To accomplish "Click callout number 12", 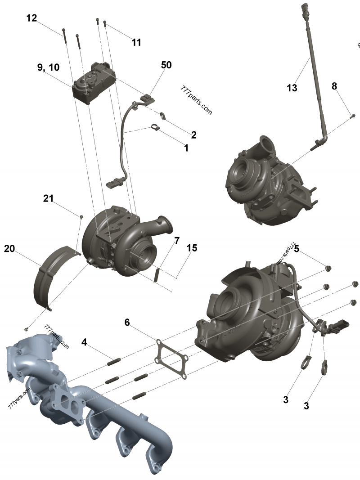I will pos(31,18).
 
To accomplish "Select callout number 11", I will pos(136,42).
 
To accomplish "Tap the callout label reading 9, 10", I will pos(48,67).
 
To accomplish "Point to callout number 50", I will pos(166,65).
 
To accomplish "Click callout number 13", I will pos(292,88).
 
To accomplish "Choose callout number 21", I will pos(49,198).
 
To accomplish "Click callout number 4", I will pos(84,342).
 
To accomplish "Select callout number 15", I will pos(192,248).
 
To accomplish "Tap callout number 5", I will pos(297,248).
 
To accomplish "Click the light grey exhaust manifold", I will pos(90,405).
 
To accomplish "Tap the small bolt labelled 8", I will pos(352,117).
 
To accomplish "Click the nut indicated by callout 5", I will pos(328,269).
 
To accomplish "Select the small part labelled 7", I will pos(157,274).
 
